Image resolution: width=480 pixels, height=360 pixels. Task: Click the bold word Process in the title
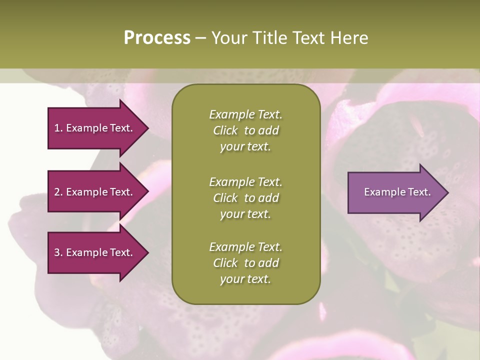point(157,38)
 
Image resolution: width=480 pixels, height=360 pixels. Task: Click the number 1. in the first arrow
point(58,128)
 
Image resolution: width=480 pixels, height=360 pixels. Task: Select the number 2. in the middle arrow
point(58,192)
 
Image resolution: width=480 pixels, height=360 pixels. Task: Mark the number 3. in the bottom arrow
point(58,252)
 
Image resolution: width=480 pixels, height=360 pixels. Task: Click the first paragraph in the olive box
point(245,130)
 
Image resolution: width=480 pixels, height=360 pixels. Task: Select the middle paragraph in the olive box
point(245,197)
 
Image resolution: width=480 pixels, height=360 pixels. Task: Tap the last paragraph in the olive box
point(245,263)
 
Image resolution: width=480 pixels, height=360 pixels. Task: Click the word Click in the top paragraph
point(225,130)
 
